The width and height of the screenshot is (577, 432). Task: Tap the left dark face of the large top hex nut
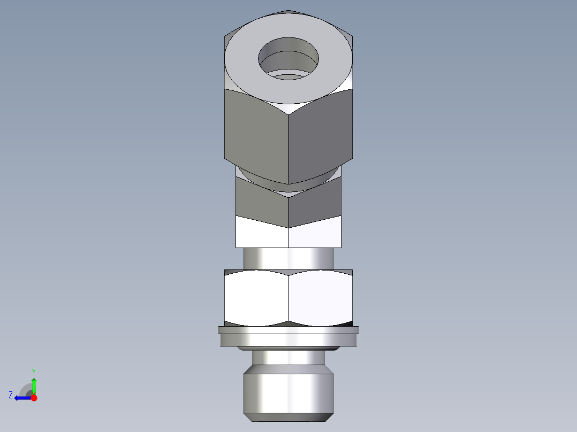tap(256, 134)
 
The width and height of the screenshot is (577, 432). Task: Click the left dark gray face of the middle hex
tap(261, 202)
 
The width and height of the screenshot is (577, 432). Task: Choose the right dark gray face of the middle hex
tap(315, 202)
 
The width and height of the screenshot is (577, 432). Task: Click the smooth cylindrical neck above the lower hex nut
tap(288, 258)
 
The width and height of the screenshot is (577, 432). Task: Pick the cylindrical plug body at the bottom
tap(288, 393)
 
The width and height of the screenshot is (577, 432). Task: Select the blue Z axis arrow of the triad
tap(21, 398)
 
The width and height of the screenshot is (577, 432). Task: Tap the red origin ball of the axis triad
tap(34, 398)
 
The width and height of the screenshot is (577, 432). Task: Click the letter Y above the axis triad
tap(34, 371)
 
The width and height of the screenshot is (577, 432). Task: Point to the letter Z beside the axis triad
tap(11, 395)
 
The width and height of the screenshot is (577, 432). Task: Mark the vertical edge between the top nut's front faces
tap(288, 150)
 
